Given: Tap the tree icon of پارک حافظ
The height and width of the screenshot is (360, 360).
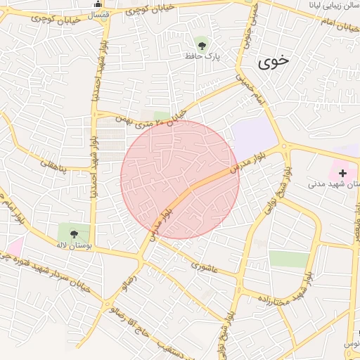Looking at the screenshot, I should [x=202, y=44].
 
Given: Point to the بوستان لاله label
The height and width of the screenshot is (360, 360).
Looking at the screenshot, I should [x=73, y=245].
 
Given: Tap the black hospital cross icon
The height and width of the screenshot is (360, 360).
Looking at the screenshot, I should [x=342, y=172].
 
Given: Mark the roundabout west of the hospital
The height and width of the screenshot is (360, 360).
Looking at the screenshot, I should [x=285, y=147].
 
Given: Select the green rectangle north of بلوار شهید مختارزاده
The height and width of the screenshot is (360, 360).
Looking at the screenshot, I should [x=288, y=258].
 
